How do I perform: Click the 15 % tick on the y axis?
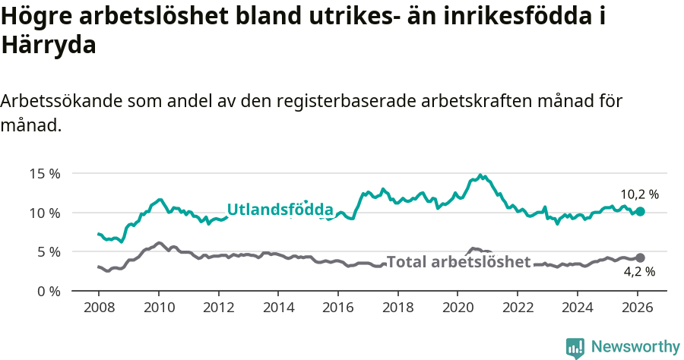pos(46,173)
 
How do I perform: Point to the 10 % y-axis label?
pos(46,213)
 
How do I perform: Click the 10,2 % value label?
pos(639,194)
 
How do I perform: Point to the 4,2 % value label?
pos(639,271)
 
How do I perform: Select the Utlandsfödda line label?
pos(280,210)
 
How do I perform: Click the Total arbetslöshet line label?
pos(458,262)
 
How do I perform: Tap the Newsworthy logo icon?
pos(575,348)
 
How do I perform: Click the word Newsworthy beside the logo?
pos(635,347)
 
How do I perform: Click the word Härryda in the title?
pos(49,45)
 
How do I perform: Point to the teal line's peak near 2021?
pos(480,175)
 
